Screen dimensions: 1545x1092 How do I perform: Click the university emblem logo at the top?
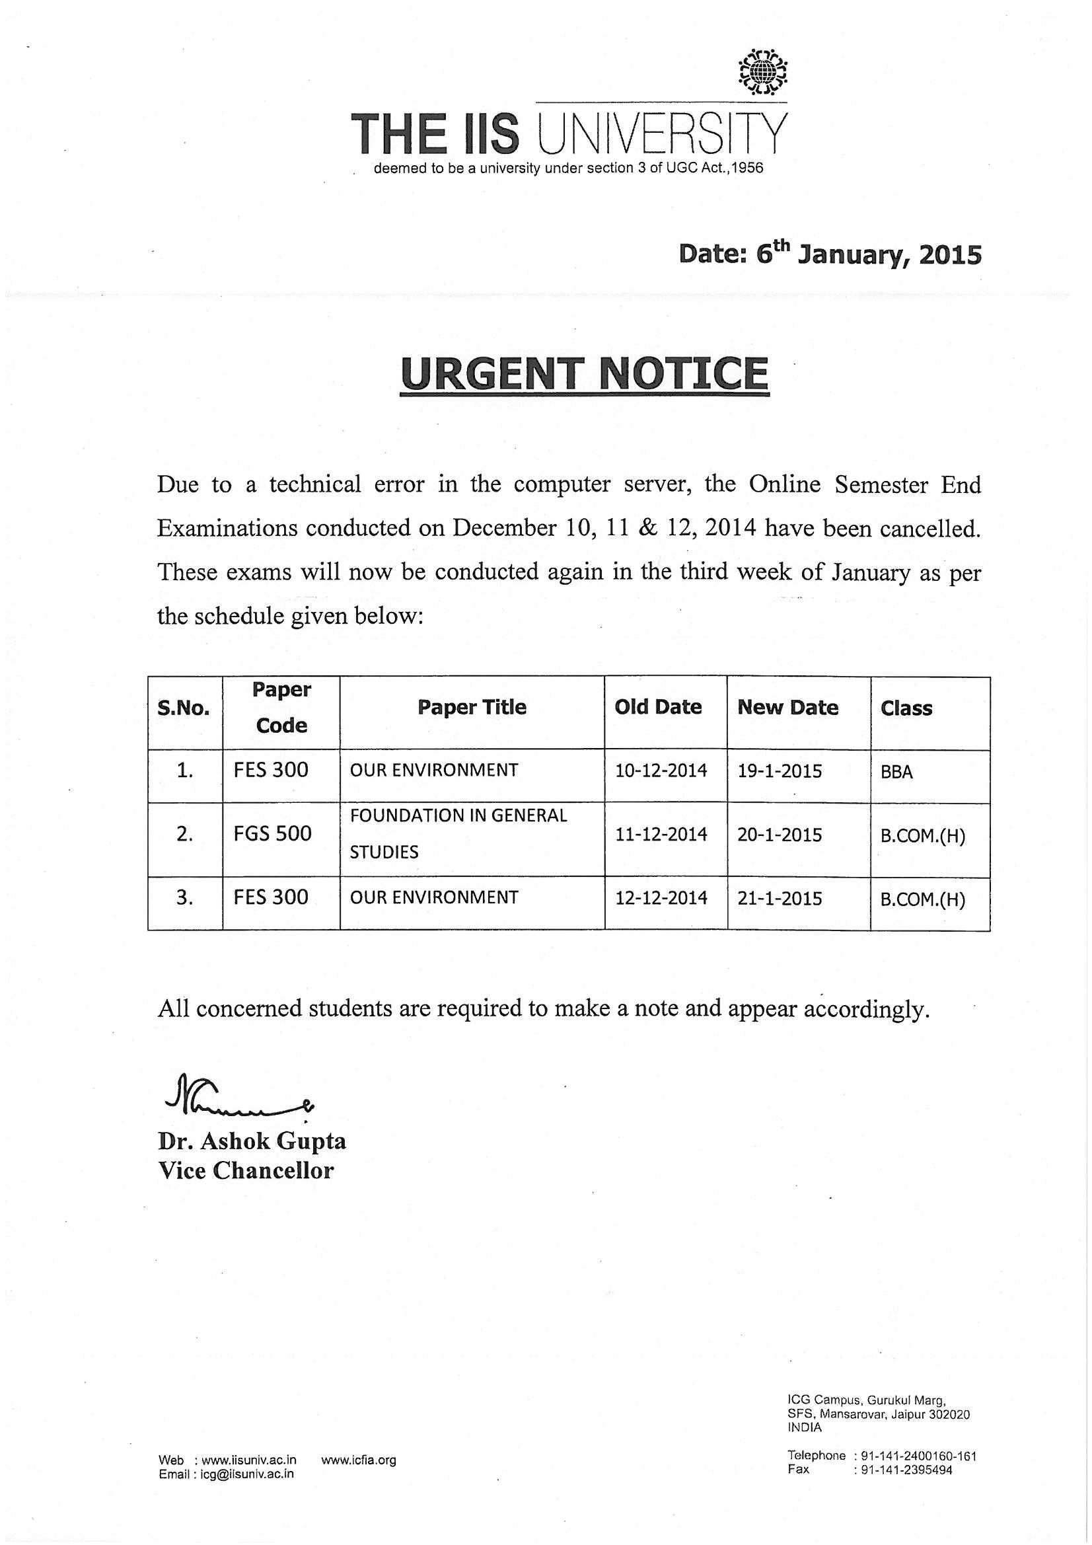[x=762, y=71]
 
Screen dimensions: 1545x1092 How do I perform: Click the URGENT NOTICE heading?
[x=583, y=374]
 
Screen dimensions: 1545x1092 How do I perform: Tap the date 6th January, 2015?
[x=830, y=254]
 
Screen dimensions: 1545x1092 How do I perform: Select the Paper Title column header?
[x=472, y=707]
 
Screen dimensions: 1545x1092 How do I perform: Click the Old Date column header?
[x=657, y=707]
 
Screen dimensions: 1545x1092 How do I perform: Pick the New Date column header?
[x=787, y=707]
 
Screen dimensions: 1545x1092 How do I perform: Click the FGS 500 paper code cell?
[x=272, y=834]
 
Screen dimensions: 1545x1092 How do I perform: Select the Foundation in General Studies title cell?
[x=458, y=834]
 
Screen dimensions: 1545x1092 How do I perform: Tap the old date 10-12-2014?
[x=661, y=771]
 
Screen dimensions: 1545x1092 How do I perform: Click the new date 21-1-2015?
[x=779, y=898]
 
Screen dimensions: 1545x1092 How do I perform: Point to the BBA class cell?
[x=896, y=772]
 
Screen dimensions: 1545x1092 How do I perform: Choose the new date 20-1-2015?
[x=779, y=835]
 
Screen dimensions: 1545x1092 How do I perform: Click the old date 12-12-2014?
[x=661, y=898]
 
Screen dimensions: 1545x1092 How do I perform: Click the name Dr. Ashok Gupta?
[x=252, y=1141]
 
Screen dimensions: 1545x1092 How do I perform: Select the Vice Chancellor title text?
[x=246, y=1171]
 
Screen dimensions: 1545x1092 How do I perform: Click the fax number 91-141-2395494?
[x=906, y=1470]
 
